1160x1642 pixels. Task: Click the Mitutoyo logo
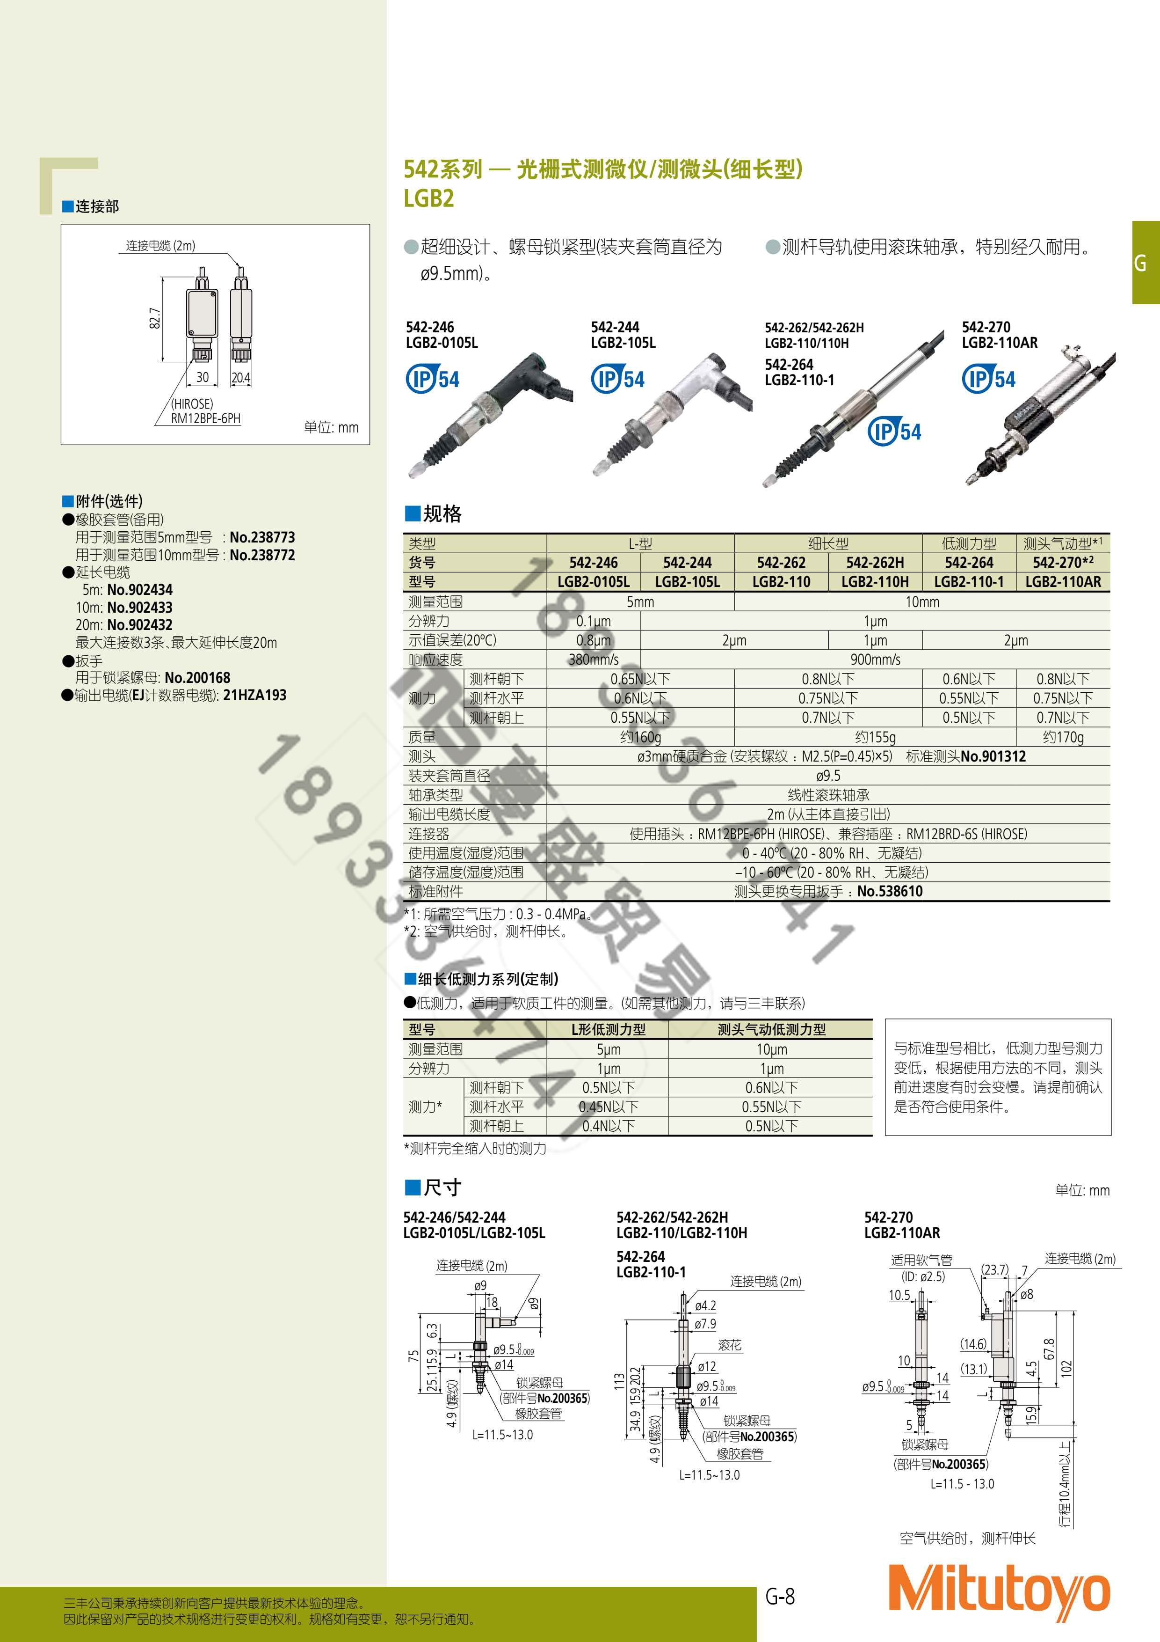999,1592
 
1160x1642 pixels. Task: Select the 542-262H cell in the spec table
875,563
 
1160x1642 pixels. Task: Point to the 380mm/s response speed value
593,660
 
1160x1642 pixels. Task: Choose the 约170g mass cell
1063,737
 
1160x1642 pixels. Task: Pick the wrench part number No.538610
890,892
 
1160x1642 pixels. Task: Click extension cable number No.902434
139,590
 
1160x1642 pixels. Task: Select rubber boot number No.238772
262,555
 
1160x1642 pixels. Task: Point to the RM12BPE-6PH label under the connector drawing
206,418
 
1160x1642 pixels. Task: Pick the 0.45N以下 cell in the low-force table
608,1107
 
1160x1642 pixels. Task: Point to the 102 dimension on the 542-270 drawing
1066,1369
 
